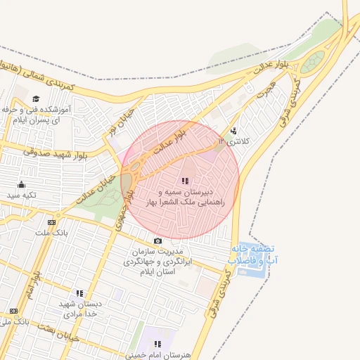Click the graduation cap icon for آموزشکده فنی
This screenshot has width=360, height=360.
tap(36, 98)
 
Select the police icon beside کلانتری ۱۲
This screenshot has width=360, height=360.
tap(234, 130)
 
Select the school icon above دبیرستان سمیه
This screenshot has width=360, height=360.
tap(185, 181)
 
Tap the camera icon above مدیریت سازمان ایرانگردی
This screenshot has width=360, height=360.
tap(157, 241)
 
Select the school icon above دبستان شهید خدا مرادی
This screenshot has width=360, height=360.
tap(79, 293)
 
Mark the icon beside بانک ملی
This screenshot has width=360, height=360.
tap(13, 311)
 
